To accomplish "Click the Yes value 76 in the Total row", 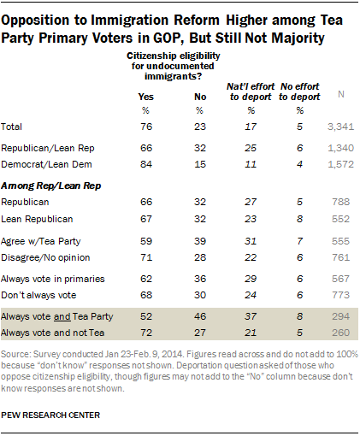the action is point(146,127).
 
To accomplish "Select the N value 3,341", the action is point(340,127).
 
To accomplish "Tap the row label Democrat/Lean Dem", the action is point(46,164).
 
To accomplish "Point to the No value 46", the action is point(200,316).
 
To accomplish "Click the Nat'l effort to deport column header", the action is point(251,91).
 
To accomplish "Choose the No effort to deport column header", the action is point(299,91).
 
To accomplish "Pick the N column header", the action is point(341,94).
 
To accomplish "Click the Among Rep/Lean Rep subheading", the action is point(51,186).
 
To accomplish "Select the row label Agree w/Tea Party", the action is point(41,241).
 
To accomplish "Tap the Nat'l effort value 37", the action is point(251,316).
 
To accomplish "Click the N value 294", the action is point(340,316).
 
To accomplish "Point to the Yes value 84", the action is point(146,164).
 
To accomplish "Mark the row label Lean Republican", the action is point(37,219).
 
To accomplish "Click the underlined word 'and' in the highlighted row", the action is point(62,316).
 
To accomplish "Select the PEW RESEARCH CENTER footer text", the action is point(50,415).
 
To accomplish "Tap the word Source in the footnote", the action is point(15,354).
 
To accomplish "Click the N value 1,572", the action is point(340,164).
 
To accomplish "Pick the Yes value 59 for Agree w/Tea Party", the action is point(146,241).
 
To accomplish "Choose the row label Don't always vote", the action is point(38,295).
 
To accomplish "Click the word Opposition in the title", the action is point(35,21).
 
